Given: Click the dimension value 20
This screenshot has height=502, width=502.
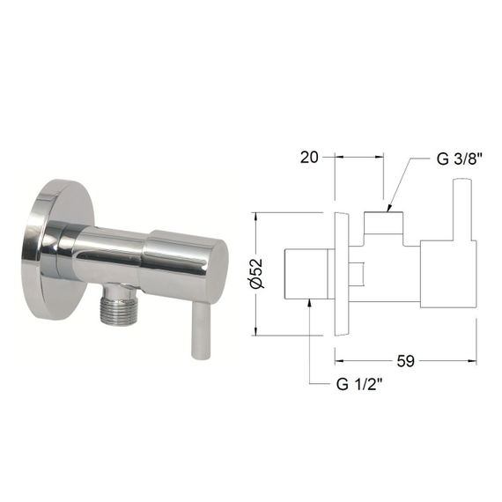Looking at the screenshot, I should tap(308, 157).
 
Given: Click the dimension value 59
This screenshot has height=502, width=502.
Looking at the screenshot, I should tap(405, 359).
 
